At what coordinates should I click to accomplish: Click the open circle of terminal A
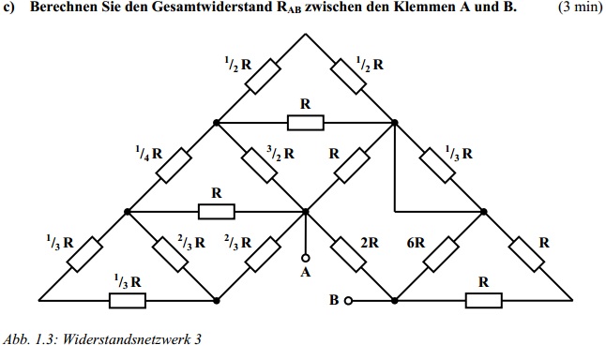point(305,258)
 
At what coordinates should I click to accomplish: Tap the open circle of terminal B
point(348,300)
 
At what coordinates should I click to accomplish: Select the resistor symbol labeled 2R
point(348,255)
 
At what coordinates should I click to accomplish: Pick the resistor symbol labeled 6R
point(441,255)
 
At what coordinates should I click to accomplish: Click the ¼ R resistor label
point(149,154)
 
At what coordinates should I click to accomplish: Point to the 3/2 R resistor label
point(280,154)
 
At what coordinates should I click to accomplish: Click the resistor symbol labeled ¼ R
point(174,165)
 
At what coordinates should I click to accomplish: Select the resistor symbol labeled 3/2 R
point(259,165)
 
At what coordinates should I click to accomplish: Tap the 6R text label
point(416,243)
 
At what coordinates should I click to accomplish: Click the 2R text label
point(370,243)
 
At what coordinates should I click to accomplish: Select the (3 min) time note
point(581,7)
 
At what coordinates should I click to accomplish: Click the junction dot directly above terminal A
point(305,211)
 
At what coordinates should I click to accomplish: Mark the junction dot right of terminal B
point(394,300)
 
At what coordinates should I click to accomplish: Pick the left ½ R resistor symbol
point(263,76)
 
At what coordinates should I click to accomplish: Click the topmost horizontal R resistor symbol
point(305,123)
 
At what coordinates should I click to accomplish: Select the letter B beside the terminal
point(334,300)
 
